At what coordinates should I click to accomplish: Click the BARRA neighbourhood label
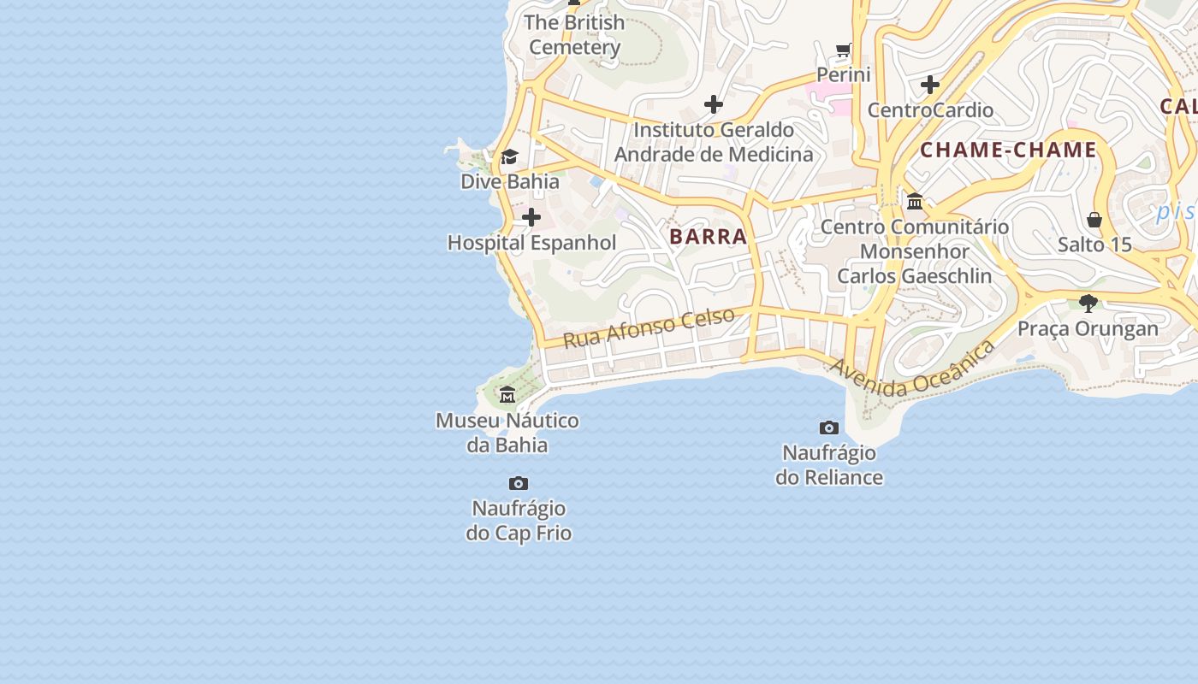click(x=708, y=237)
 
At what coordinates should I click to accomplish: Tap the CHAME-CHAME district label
click(x=1008, y=150)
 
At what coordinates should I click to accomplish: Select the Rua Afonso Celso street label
click(x=649, y=327)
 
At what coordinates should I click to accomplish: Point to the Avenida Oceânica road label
click(x=912, y=368)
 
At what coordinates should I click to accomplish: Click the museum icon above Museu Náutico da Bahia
click(x=507, y=394)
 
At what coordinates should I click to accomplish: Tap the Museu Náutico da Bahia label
click(x=507, y=433)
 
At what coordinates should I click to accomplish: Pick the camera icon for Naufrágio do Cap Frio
click(x=519, y=484)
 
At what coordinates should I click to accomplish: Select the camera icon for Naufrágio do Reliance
click(x=829, y=427)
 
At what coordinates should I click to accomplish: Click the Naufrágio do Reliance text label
click(x=829, y=464)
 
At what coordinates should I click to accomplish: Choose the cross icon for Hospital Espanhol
click(x=531, y=217)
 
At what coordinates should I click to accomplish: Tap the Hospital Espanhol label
click(x=531, y=243)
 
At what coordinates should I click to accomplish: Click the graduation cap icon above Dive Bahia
click(x=510, y=156)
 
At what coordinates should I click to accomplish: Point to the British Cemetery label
click(x=574, y=34)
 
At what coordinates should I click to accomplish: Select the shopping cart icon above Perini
click(x=844, y=50)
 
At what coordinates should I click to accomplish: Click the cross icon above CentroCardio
click(x=930, y=85)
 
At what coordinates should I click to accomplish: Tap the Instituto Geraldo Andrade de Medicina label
click(x=714, y=142)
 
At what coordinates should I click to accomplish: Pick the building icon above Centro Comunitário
click(x=915, y=202)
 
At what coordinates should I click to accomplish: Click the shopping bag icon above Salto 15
click(x=1094, y=220)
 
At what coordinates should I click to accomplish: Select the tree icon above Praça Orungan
click(x=1088, y=303)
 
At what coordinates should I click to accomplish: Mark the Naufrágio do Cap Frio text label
click(x=519, y=521)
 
